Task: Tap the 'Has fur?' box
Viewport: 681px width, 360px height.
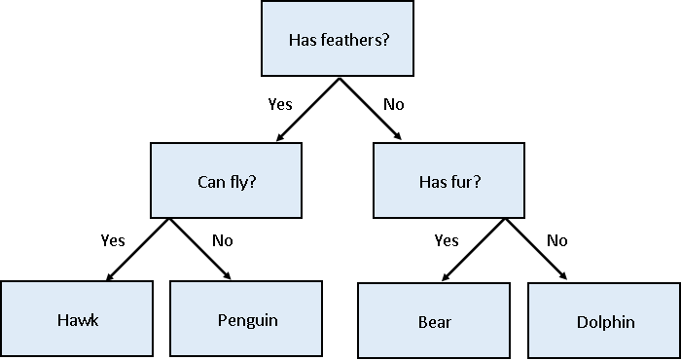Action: [x=450, y=180]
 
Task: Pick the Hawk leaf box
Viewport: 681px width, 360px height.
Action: [x=77, y=318]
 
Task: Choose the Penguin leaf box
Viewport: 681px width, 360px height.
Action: [x=246, y=318]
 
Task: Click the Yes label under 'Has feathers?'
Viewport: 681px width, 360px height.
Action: [x=281, y=103]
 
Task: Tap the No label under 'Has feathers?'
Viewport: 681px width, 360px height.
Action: [x=393, y=103]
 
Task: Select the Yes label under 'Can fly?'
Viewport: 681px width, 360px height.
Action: [x=114, y=240]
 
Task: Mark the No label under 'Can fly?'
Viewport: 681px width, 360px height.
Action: [x=223, y=240]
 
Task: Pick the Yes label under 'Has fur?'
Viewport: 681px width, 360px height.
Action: [x=447, y=240]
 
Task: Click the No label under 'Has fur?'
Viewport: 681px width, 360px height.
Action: [x=557, y=240]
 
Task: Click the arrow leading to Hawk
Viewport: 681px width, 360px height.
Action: [x=138, y=249]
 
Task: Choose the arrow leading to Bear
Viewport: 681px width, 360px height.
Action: [x=474, y=250]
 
